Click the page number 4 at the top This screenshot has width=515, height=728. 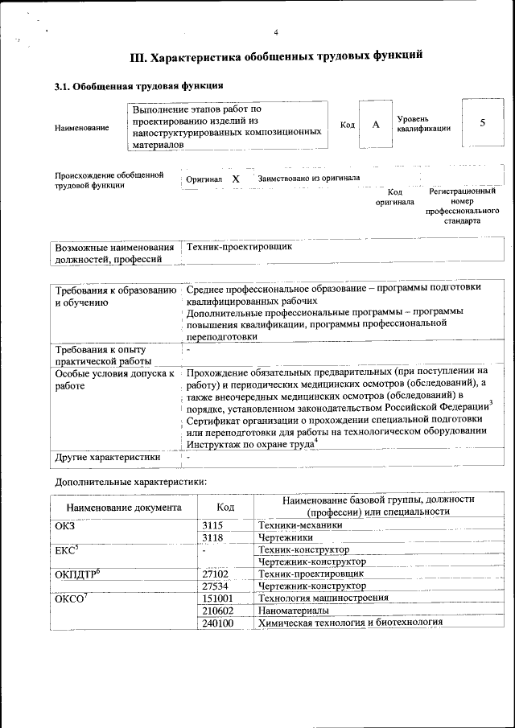tap(275, 32)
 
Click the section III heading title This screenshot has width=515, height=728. tap(276, 57)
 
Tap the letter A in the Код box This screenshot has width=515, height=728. tap(375, 125)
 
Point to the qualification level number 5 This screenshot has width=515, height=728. tap(482, 123)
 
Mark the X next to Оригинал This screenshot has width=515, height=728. tap(236, 179)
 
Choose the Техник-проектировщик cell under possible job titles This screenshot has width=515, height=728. tap(239, 247)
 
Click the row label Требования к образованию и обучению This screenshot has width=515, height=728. tap(113, 295)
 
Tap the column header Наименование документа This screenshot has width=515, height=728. tap(124, 508)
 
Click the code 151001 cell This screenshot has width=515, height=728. tap(218, 598)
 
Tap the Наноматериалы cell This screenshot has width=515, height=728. tap(290, 611)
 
